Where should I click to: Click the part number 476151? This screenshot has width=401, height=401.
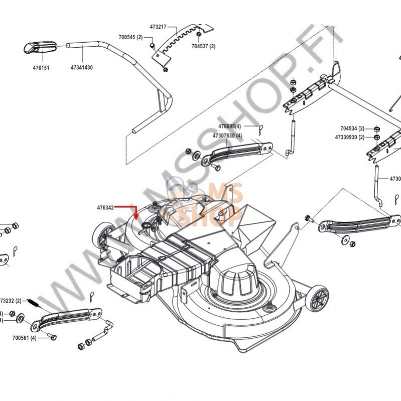(x=38, y=67)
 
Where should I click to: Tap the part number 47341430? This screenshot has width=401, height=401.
(x=81, y=67)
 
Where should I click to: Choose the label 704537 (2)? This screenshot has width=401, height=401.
(x=203, y=46)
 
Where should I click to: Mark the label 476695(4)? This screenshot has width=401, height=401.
(x=230, y=126)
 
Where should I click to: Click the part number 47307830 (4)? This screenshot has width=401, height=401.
(x=227, y=136)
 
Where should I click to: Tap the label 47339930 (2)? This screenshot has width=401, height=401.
(x=350, y=137)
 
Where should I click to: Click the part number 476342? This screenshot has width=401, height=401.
(x=106, y=207)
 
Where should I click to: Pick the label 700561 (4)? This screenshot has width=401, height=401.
(x=25, y=338)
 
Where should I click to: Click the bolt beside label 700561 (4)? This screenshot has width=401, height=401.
(x=53, y=338)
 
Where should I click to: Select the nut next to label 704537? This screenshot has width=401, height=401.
(x=199, y=35)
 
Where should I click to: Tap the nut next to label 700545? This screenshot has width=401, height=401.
(x=151, y=47)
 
